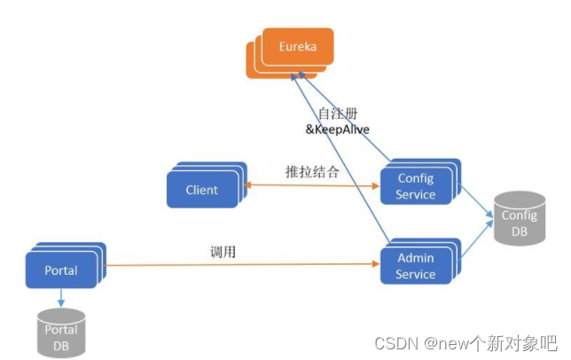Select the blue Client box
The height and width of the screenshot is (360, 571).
(202, 190)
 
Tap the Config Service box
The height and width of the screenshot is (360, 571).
(416, 187)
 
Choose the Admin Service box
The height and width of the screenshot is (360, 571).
(416, 266)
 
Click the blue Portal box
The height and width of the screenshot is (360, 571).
(61, 270)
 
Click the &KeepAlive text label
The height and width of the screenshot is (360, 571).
(338, 129)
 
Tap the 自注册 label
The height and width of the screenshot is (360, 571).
(337, 113)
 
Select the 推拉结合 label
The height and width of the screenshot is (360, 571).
(312, 172)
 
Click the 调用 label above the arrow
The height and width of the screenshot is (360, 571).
(223, 253)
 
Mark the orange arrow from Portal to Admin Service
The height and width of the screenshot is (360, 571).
(239, 263)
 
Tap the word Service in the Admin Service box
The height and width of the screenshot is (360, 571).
(416, 275)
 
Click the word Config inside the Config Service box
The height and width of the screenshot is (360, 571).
(416, 179)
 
